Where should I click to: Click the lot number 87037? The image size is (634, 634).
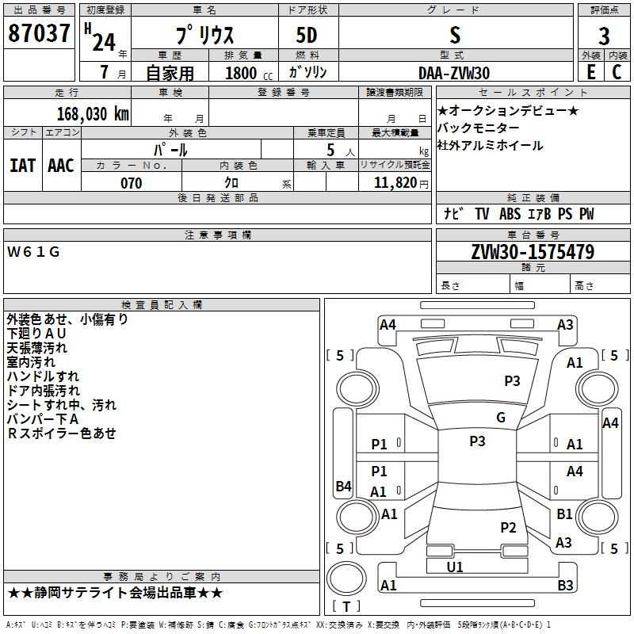click(38, 35)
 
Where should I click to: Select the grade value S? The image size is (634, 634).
click(455, 36)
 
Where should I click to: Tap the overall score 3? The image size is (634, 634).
click(604, 36)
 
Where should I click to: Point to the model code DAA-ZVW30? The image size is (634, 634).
click(454, 73)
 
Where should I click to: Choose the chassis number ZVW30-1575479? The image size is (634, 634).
click(533, 253)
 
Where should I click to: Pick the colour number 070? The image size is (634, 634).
click(131, 183)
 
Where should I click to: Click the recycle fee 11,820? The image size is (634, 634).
click(394, 183)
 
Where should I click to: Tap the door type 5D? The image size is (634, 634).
click(308, 36)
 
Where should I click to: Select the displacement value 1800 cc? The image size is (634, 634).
click(242, 74)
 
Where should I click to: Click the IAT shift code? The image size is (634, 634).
click(22, 166)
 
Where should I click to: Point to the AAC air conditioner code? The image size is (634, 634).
click(60, 166)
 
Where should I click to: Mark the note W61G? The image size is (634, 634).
click(33, 252)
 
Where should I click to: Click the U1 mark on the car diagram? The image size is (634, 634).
click(455, 567)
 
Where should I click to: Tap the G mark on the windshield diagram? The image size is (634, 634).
click(500, 418)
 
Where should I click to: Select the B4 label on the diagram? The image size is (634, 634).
click(343, 487)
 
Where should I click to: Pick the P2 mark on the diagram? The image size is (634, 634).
click(508, 528)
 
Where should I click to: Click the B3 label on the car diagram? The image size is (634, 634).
click(565, 586)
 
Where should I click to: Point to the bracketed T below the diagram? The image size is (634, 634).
click(346, 606)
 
